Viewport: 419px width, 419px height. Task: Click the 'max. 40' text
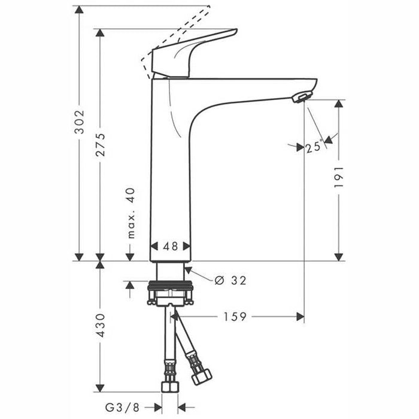coord(130,213)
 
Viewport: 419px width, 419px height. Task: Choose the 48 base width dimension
coord(170,246)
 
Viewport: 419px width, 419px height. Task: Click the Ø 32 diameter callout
coord(230,280)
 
